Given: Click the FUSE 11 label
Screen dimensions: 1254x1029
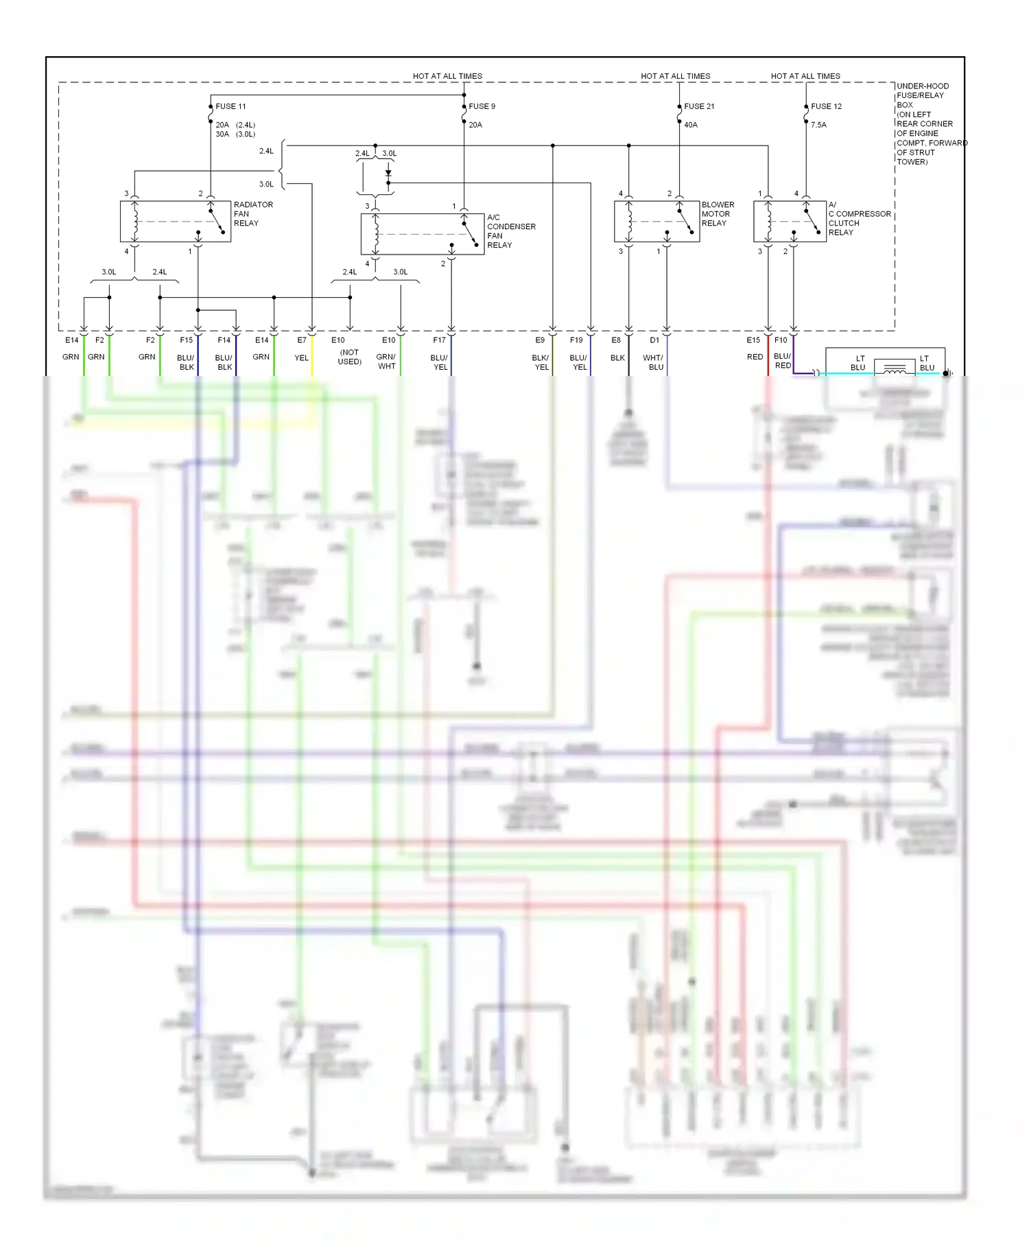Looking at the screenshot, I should click(x=230, y=106).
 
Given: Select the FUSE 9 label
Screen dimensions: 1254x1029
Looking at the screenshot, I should click(x=482, y=106).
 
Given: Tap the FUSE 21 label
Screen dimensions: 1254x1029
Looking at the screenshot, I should click(x=699, y=106).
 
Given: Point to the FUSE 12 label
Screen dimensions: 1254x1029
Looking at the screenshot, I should click(x=826, y=106).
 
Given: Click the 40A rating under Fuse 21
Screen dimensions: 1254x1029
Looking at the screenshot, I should click(x=691, y=125).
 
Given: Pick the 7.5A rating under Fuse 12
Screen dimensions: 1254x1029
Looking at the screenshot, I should click(x=818, y=125).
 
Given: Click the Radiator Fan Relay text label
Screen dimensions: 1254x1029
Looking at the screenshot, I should click(x=253, y=214).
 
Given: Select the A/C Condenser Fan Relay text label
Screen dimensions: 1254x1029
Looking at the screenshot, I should click(x=511, y=231).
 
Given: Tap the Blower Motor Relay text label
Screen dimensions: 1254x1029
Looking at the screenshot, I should click(x=718, y=214).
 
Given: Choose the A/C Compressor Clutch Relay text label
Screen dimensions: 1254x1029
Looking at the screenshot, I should click(x=859, y=219).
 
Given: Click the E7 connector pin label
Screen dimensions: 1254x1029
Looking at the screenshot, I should click(x=302, y=340).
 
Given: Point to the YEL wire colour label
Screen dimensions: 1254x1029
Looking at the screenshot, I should click(x=302, y=358).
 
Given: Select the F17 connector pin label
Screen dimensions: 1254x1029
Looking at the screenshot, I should click(x=440, y=340).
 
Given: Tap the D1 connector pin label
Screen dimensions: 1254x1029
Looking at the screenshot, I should click(x=654, y=340).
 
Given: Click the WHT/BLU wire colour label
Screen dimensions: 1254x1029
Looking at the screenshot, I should click(x=653, y=362).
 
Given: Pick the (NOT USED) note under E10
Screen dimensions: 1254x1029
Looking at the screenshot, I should click(x=349, y=357).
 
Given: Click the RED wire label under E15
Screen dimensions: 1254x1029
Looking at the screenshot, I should click(x=755, y=357).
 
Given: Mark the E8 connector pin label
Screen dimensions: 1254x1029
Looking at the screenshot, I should click(x=616, y=340).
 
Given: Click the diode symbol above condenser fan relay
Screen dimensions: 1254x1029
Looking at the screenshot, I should click(x=388, y=174).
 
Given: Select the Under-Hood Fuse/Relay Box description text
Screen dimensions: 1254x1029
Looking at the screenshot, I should click(x=931, y=124).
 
